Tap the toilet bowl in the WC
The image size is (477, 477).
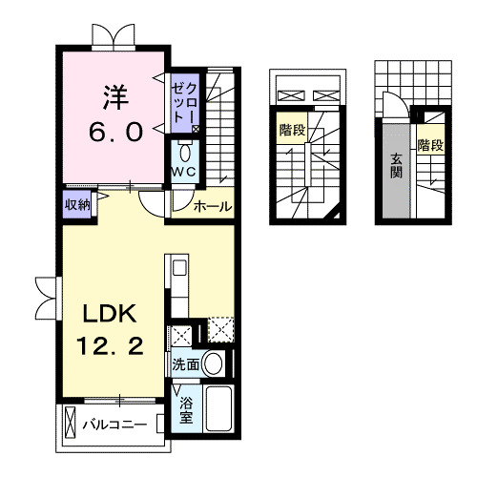pos(185,153)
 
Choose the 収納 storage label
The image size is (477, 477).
pos(77,203)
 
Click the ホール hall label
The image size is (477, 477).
pos(212,206)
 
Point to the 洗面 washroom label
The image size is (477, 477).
pos(186,364)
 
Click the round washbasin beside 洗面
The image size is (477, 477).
pos(214,363)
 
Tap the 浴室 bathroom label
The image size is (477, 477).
pos(187,409)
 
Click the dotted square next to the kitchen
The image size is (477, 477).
pos(220,331)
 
